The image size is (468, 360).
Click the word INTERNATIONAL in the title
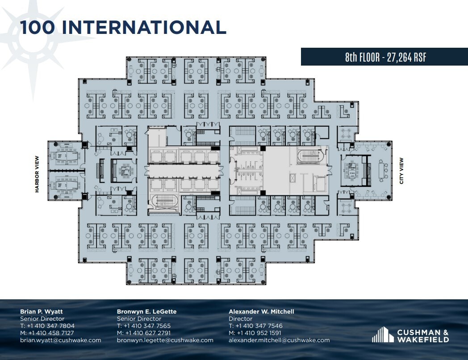144,27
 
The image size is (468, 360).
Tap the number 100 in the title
38,27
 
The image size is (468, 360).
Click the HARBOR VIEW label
38,174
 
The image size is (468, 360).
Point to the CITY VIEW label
401,171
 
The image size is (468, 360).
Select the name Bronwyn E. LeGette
146,311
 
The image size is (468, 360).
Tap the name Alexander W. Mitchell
261,311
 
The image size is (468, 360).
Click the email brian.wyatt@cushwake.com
61,340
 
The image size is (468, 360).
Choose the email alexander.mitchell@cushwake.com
279,340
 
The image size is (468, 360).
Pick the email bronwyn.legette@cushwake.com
165,340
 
